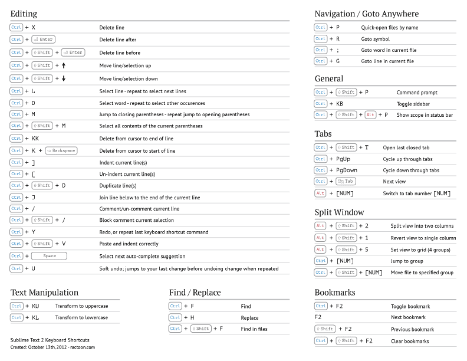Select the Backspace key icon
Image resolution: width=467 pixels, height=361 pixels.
tap(61, 150)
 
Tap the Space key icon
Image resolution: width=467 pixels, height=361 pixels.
tap(49, 256)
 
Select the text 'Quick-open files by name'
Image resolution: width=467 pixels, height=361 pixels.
tap(389, 27)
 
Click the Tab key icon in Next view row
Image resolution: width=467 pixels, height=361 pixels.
tap(346, 182)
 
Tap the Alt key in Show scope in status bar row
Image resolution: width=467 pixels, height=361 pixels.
tap(370, 115)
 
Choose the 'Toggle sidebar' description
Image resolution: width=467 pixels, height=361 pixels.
tap(413, 104)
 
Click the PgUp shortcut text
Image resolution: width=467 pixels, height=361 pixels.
tap(343, 159)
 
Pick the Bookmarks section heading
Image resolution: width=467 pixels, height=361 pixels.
tap(335, 292)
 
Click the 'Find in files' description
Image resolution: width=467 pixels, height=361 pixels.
tap(254, 329)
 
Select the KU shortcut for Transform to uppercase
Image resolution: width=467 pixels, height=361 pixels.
tap(35, 306)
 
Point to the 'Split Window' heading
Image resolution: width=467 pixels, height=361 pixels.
tap(339, 212)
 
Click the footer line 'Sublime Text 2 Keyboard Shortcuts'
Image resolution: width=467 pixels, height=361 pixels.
tap(50, 340)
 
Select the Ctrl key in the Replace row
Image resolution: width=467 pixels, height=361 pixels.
tap(175, 317)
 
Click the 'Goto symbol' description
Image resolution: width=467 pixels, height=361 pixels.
tap(375, 39)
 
